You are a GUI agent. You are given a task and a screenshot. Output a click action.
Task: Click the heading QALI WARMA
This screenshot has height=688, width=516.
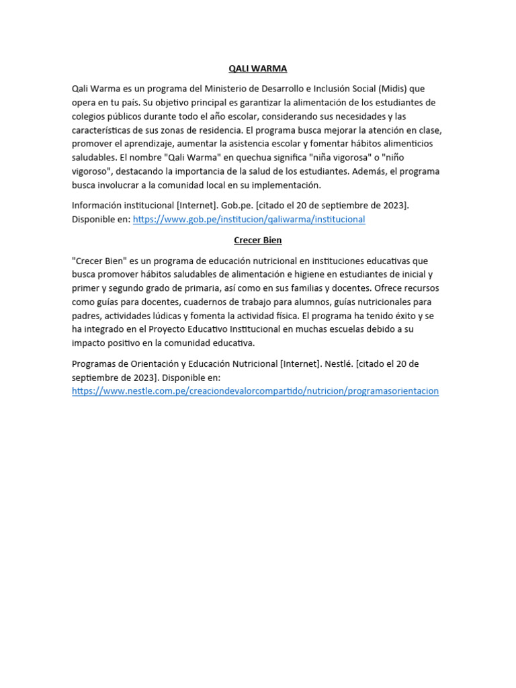pos(255,68)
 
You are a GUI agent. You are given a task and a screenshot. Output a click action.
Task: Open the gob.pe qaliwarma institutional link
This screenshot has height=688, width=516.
pos(249,220)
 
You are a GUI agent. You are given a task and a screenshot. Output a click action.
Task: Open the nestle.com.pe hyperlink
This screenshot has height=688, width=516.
pos(255,391)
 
